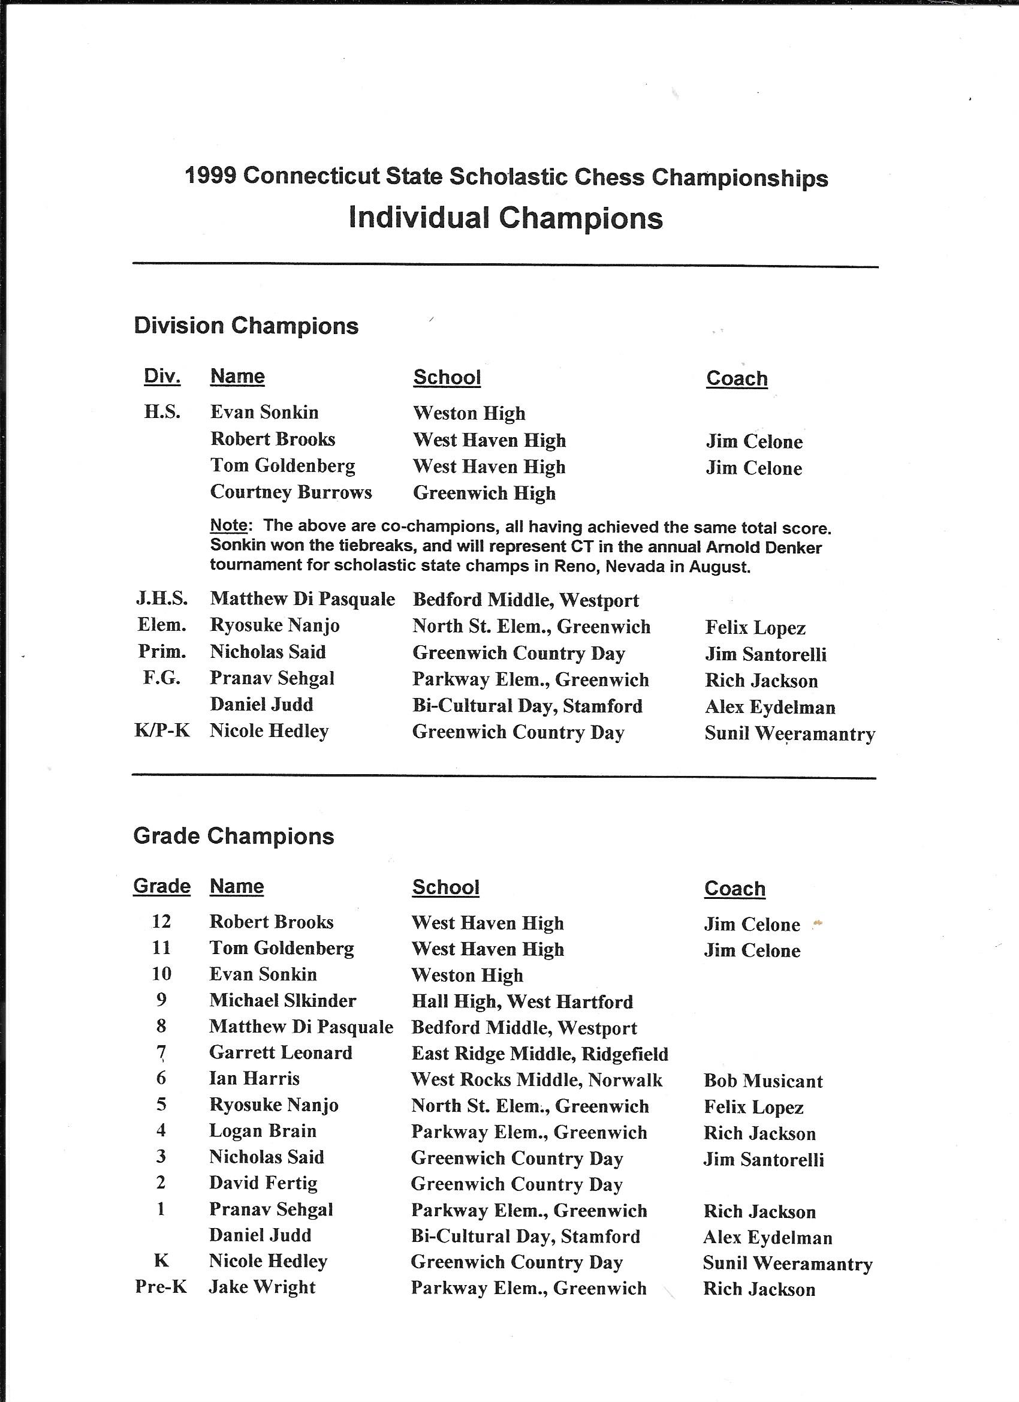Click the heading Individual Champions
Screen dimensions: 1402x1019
pos(505,218)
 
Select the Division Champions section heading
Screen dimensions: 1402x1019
pos(246,326)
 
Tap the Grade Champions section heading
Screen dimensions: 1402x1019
pos(234,836)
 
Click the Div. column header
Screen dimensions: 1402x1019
pos(162,376)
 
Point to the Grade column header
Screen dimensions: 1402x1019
pos(162,886)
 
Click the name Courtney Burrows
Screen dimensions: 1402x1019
pos(291,492)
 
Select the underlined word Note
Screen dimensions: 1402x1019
pos(228,526)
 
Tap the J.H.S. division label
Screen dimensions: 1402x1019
pos(162,598)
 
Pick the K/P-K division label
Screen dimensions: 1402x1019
pos(162,730)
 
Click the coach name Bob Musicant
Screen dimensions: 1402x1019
pos(763,1081)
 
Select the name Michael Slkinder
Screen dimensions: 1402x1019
pos(282,1000)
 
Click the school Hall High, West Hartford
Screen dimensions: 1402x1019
pos(522,1001)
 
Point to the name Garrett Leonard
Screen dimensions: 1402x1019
pos(281,1053)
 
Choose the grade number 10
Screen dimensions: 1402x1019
pos(161,974)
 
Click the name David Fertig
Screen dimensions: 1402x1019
pos(263,1183)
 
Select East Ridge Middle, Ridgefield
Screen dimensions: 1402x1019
pos(539,1054)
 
